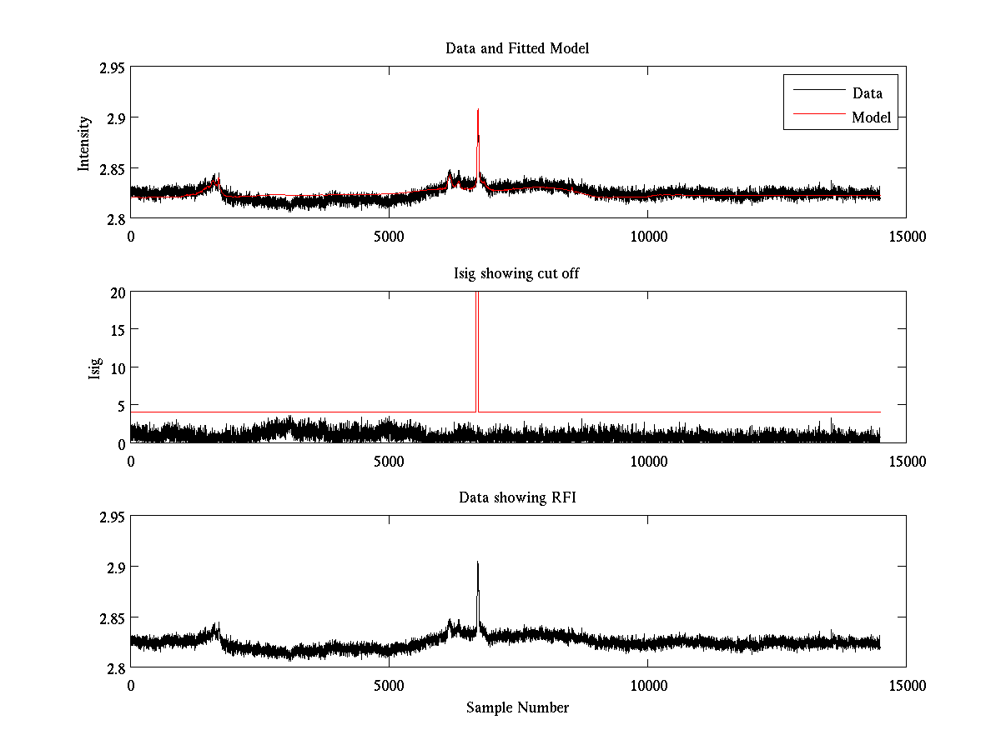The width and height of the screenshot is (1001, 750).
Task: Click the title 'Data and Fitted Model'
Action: pyautogui.click(x=517, y=48)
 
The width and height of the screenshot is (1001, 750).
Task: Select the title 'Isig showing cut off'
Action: pyautogui.click(x=517, y=273)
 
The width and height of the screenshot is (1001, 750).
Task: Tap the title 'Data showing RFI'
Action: pyautogui.click(x=517, y=497)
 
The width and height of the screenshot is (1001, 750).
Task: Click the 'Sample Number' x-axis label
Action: pyautogui.click(x=517, y=707)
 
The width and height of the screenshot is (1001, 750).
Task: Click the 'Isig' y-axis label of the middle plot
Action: pyautogui.click(x=95, y=367)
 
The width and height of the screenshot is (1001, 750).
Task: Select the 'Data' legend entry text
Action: pyautogui.click(x=867, y=93)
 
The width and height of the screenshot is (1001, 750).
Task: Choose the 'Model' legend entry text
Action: pyautogui.click(x=871, y=117)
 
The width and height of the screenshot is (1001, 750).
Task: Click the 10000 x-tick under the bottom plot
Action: pyautogui.click(x=648, y=685)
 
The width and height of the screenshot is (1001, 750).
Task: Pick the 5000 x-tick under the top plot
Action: pyautogui.click(x=390, y=237)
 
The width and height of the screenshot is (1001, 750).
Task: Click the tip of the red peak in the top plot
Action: pyautogui.click(x=477, y=109)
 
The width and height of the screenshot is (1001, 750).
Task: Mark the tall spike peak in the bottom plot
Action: pyautogui.click(x=477, y=562)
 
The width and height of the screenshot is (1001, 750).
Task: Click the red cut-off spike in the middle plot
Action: pyautogui.click(x=476, y=350)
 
